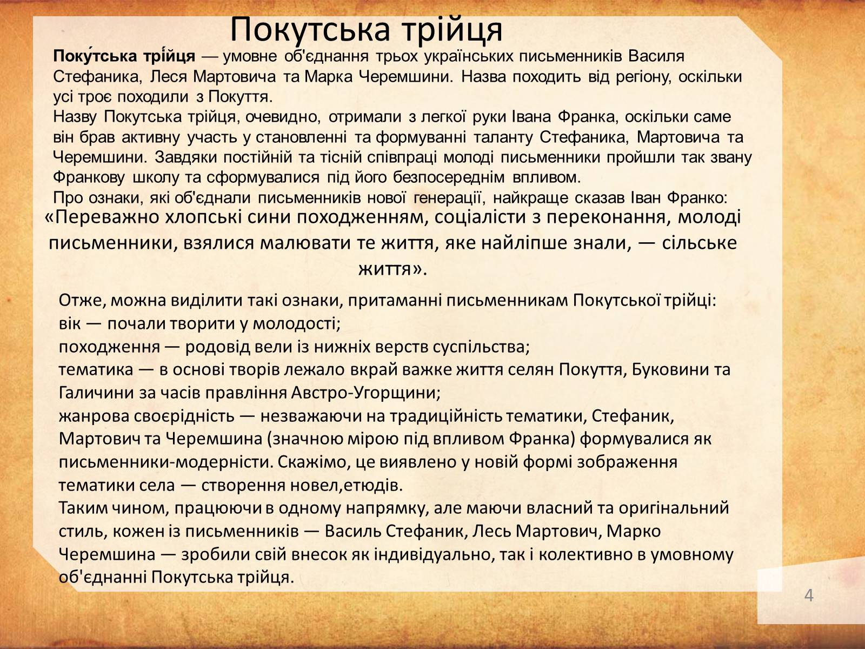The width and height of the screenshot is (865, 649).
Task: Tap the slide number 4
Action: coord(809,595)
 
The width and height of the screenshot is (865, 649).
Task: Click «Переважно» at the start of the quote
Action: coord(103,217)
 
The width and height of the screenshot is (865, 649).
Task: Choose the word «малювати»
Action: coord(302,243)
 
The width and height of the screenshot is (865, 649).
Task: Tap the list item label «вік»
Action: coord(69,324)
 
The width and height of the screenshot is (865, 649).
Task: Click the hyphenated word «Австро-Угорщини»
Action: coord(365,393)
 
